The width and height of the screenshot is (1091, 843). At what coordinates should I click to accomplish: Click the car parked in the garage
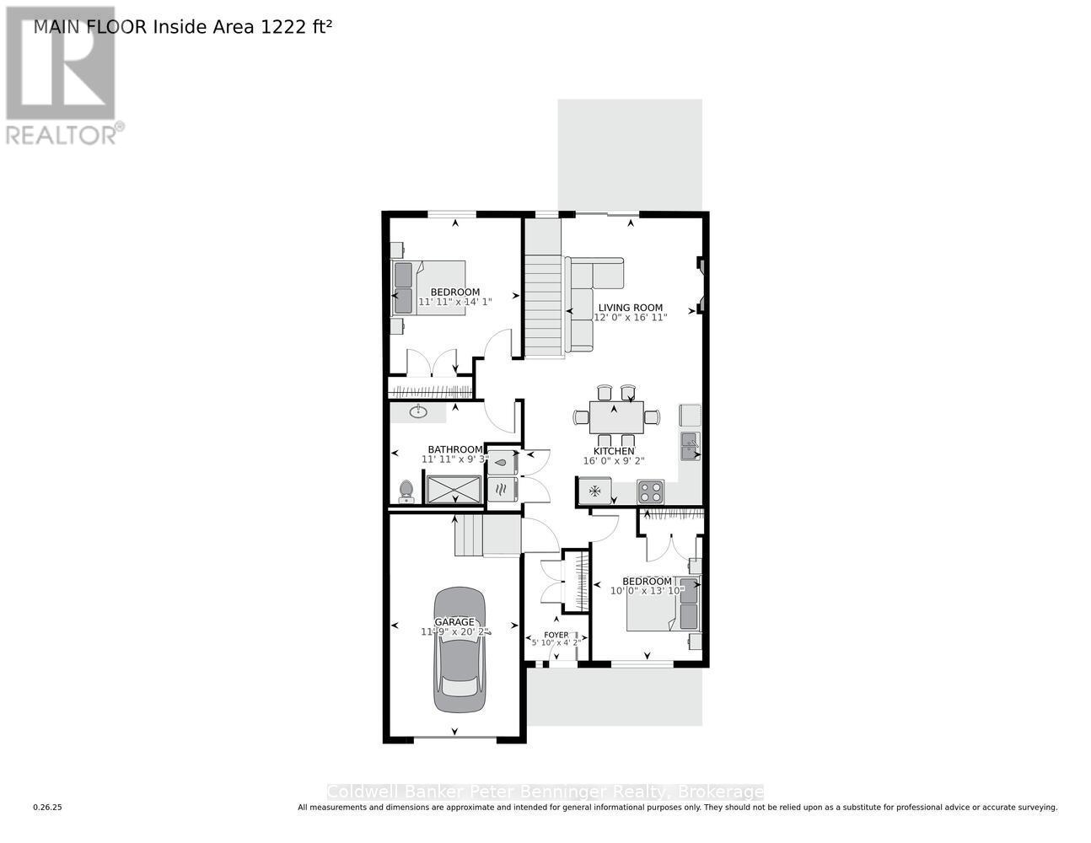pyautogui.click(x=460, y=651)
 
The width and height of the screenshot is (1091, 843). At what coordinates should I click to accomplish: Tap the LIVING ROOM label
pyautogui.click(x=630, y=308)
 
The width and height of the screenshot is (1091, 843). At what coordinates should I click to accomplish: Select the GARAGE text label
pyautogui.click(x=454, y=622)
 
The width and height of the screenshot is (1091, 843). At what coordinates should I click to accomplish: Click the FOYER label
pyautogui.click(x=556, y=635)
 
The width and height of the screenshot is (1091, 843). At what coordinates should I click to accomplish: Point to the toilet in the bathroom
pyautogui.click(x=406, y=491)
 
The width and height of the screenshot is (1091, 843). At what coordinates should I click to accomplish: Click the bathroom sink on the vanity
pyautogui.click(x=419, y=411)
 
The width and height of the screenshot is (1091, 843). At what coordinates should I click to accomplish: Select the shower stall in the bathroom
pyautogui.click(x=454, y=490)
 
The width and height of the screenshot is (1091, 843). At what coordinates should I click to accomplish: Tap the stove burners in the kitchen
pyautogui.click(x=650, y=491)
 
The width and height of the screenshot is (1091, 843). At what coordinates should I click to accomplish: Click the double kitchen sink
pyautogui.click(x=691, y=446)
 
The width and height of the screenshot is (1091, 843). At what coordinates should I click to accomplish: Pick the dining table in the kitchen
pyautogui.click(x=615, y=416)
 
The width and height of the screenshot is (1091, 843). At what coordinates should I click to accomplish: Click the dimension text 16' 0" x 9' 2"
pyautogui.click(x=614, y=461)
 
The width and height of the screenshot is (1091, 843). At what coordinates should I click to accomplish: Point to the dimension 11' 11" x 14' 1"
pyautogui.click(x=455, y=301)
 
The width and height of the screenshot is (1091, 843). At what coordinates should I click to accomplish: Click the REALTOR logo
pyautogui.click(x=62, y=76)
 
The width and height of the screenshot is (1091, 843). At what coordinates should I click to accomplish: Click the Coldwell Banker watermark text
pyautogui.click(x=545, y=792)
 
